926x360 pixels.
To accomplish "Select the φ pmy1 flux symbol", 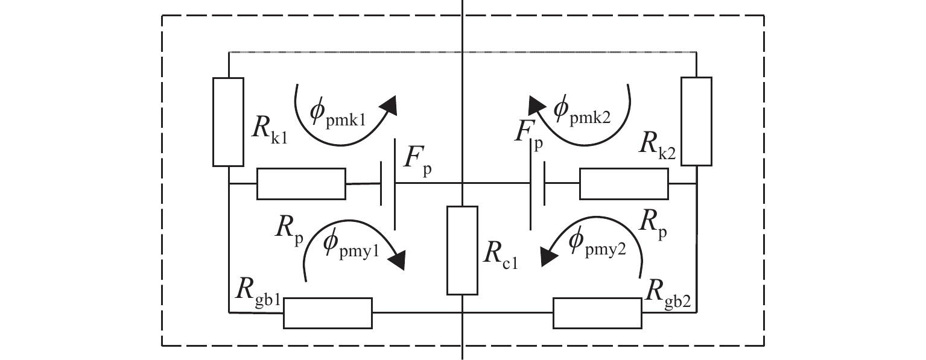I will (x=350, y=245).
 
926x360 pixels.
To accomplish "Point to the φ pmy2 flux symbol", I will (x=597, y=245).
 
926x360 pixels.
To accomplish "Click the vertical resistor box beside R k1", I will (x=229, y=122).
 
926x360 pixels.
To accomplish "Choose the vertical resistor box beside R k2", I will (x=697, y=122).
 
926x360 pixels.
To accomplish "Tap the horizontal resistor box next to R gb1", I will (x=328, y=313).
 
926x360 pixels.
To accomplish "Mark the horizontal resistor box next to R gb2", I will (x=597, y=313).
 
